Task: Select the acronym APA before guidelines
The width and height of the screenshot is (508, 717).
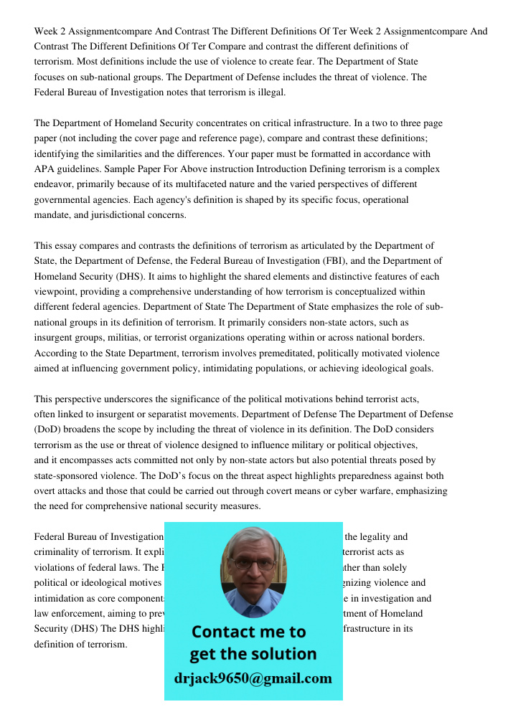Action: coord(45,169)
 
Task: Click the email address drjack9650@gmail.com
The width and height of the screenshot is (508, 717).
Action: coord(253,678)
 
